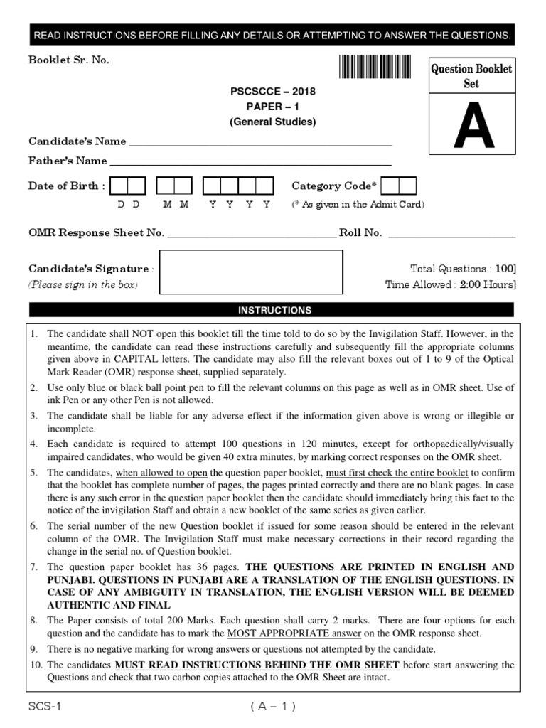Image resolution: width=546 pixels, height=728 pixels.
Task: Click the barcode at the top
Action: point(375,68)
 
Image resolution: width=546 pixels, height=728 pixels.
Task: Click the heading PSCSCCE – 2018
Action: point(272,92)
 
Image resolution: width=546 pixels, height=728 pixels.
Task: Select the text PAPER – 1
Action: point(272,107)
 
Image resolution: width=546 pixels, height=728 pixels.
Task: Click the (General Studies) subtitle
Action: point(272,122)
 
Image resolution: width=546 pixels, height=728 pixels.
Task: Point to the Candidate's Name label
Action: point(77,141)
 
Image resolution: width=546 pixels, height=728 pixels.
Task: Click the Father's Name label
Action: point(68,161)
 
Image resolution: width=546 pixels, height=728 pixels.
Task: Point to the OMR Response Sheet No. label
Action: point(96,232)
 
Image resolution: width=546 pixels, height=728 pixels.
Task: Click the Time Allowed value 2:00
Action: point(471,284)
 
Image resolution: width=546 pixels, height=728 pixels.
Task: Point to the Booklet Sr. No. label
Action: point(69,60)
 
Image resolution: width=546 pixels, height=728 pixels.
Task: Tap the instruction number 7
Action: point(34,568)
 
